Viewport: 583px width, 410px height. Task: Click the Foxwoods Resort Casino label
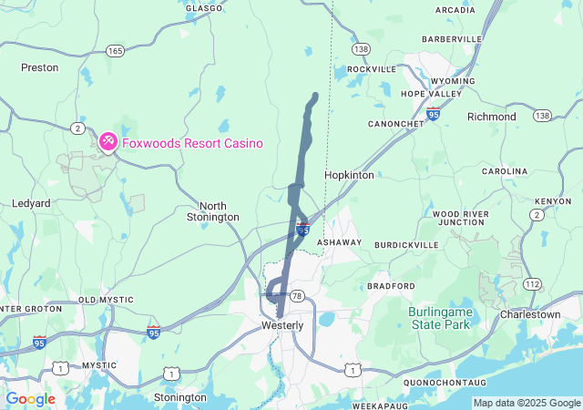point(192,143)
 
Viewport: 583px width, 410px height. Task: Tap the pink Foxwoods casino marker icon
point(107,142)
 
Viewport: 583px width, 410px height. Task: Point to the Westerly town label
point(282,325)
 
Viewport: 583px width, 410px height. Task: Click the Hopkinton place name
point(349,175)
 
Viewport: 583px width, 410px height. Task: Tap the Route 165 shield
point(115,51)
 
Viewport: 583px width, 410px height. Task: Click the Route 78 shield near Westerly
point(297,296)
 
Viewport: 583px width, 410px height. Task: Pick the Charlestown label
point(530,314)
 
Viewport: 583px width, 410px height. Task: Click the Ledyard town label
point(31,203)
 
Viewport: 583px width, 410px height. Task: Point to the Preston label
point(39,67)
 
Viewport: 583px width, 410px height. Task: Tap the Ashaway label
point(339,242)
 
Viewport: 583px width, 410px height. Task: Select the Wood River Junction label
point(462,218)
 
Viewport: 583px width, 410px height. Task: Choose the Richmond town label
point(491,117)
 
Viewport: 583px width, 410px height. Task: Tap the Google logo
point(30,399)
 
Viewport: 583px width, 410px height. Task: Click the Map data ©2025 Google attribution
point(527,403)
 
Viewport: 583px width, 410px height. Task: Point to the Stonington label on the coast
point(180,397)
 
